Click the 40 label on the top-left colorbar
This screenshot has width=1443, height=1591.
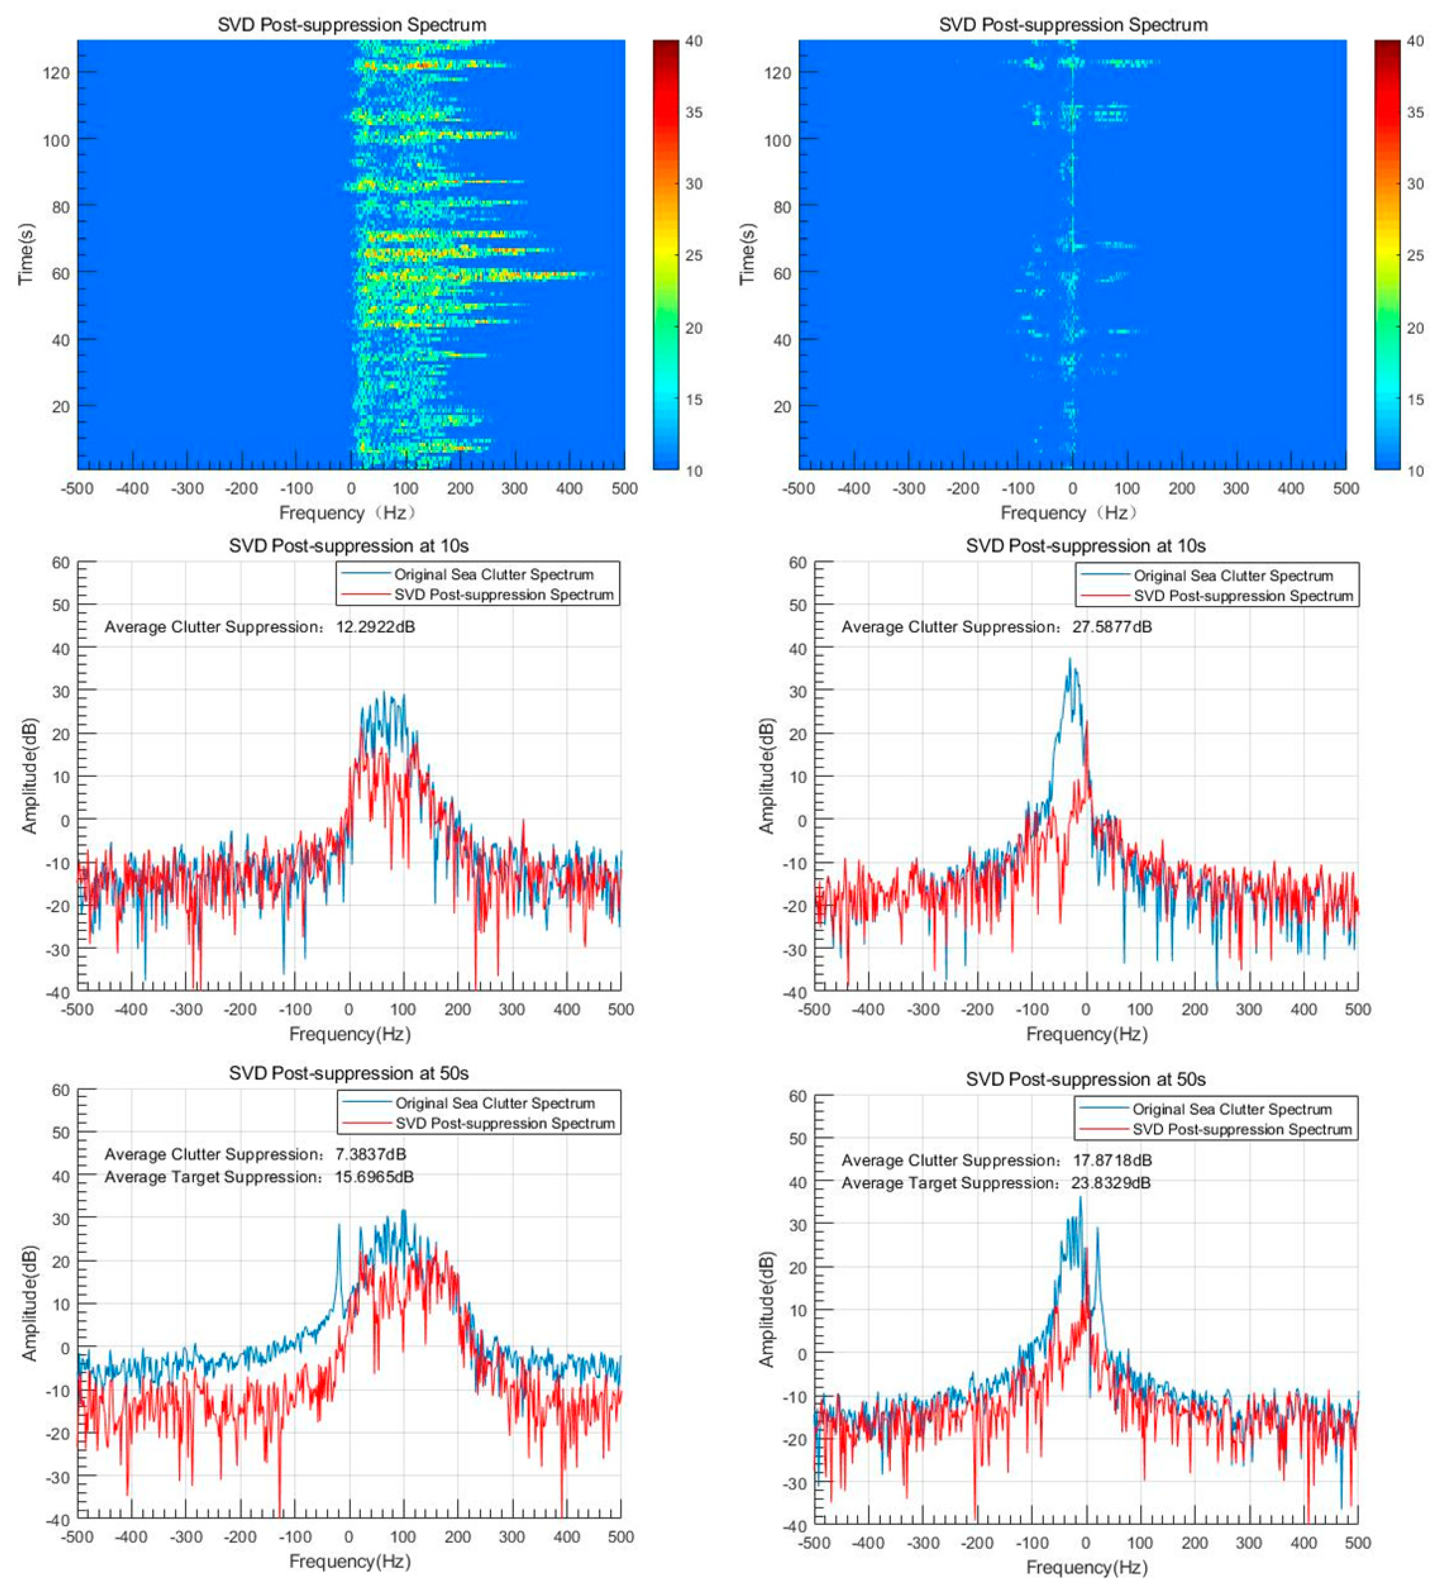coord(693,41)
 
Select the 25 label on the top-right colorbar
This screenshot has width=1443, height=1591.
coord(1415,256)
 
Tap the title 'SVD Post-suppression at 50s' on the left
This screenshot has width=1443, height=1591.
coord(348,1073)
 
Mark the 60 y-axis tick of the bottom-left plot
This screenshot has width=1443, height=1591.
coord(61,1090)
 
